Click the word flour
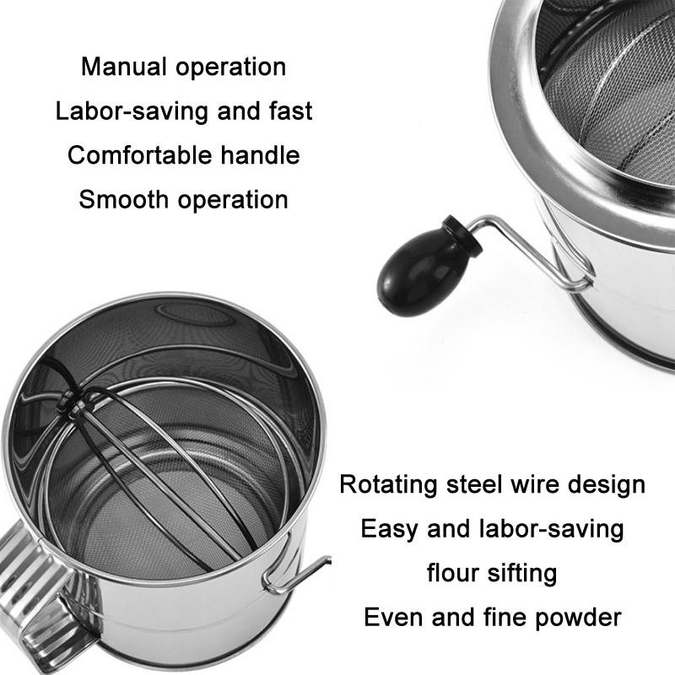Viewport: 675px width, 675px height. point(455,574)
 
